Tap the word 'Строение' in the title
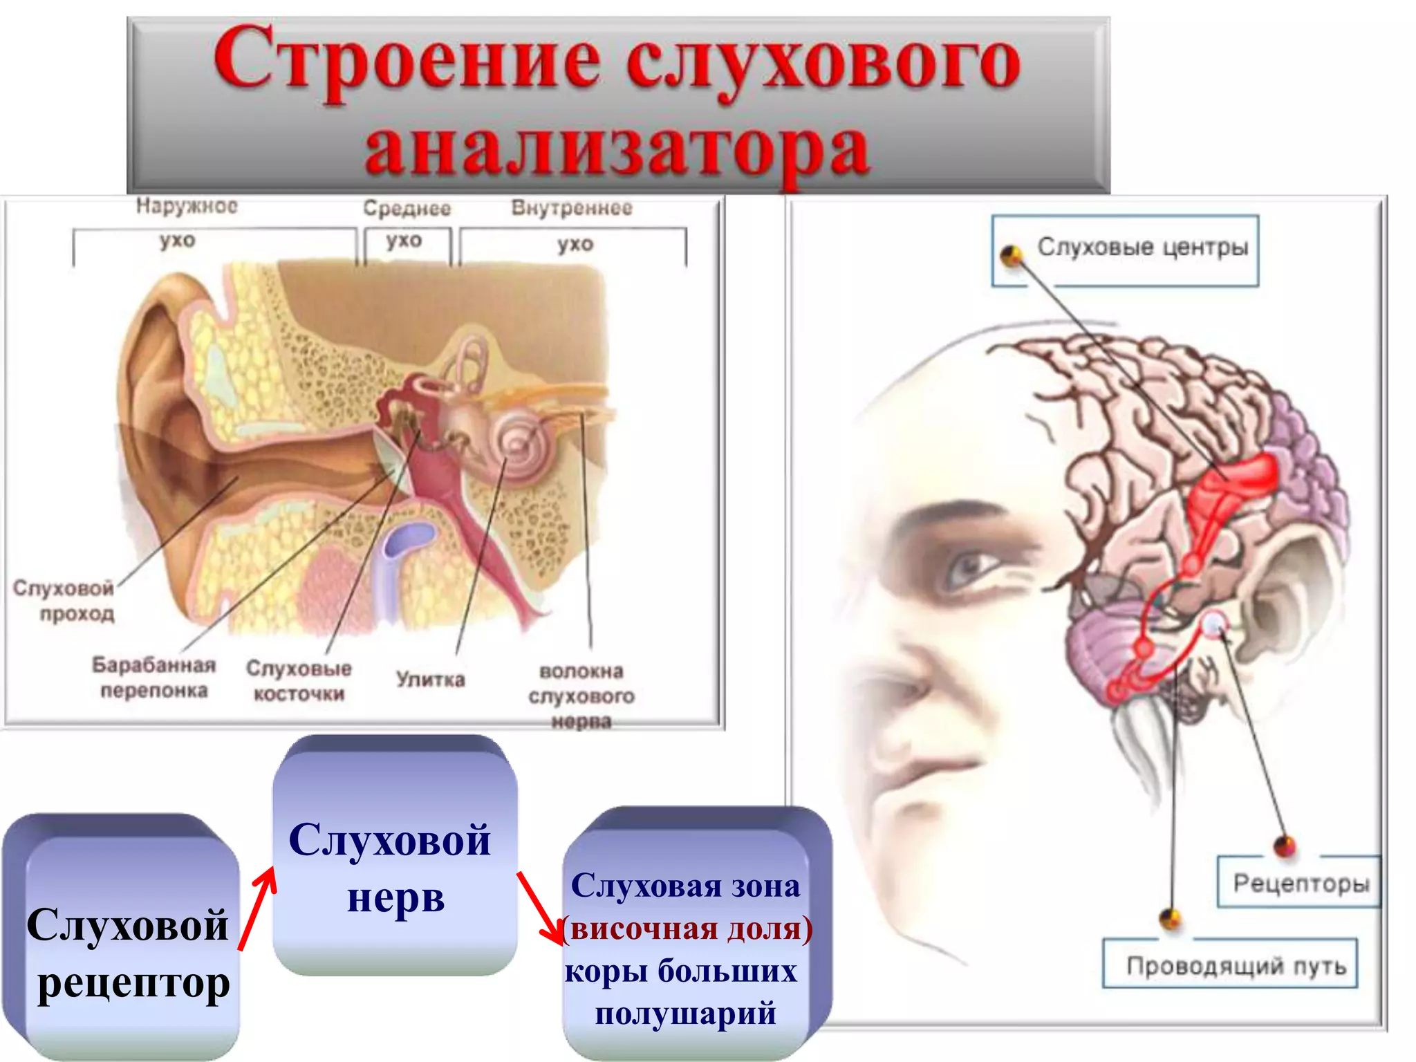coord(407,61)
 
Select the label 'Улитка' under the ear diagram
coord(430,679)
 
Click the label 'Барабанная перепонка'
coord(153,678)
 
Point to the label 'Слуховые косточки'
coord(299,680)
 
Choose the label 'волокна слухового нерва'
coord(581,696)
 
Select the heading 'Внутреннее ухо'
coord(572,225)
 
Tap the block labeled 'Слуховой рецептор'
coord(128,954)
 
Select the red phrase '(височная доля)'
coord(687,929)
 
